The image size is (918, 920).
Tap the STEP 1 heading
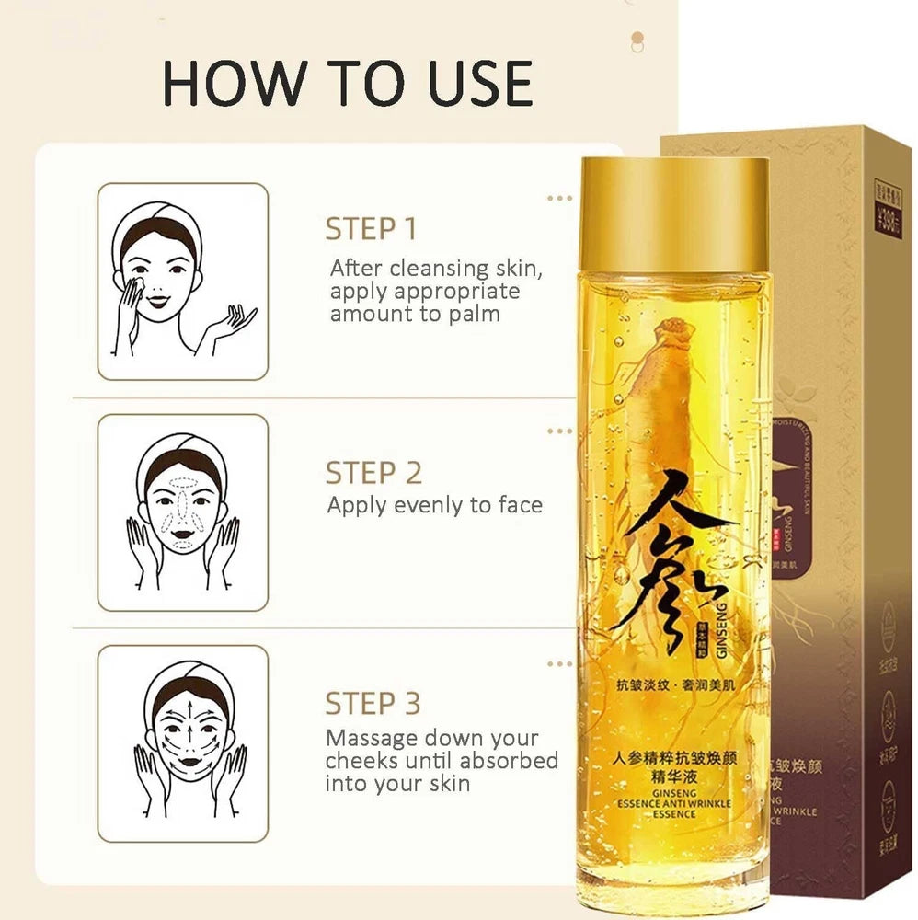click(x=372, y=229)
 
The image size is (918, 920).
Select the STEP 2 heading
click(x=373, y=473)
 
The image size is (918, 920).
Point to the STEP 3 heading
click(x=373, y=704)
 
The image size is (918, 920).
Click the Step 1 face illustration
click(x=182, y=282)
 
